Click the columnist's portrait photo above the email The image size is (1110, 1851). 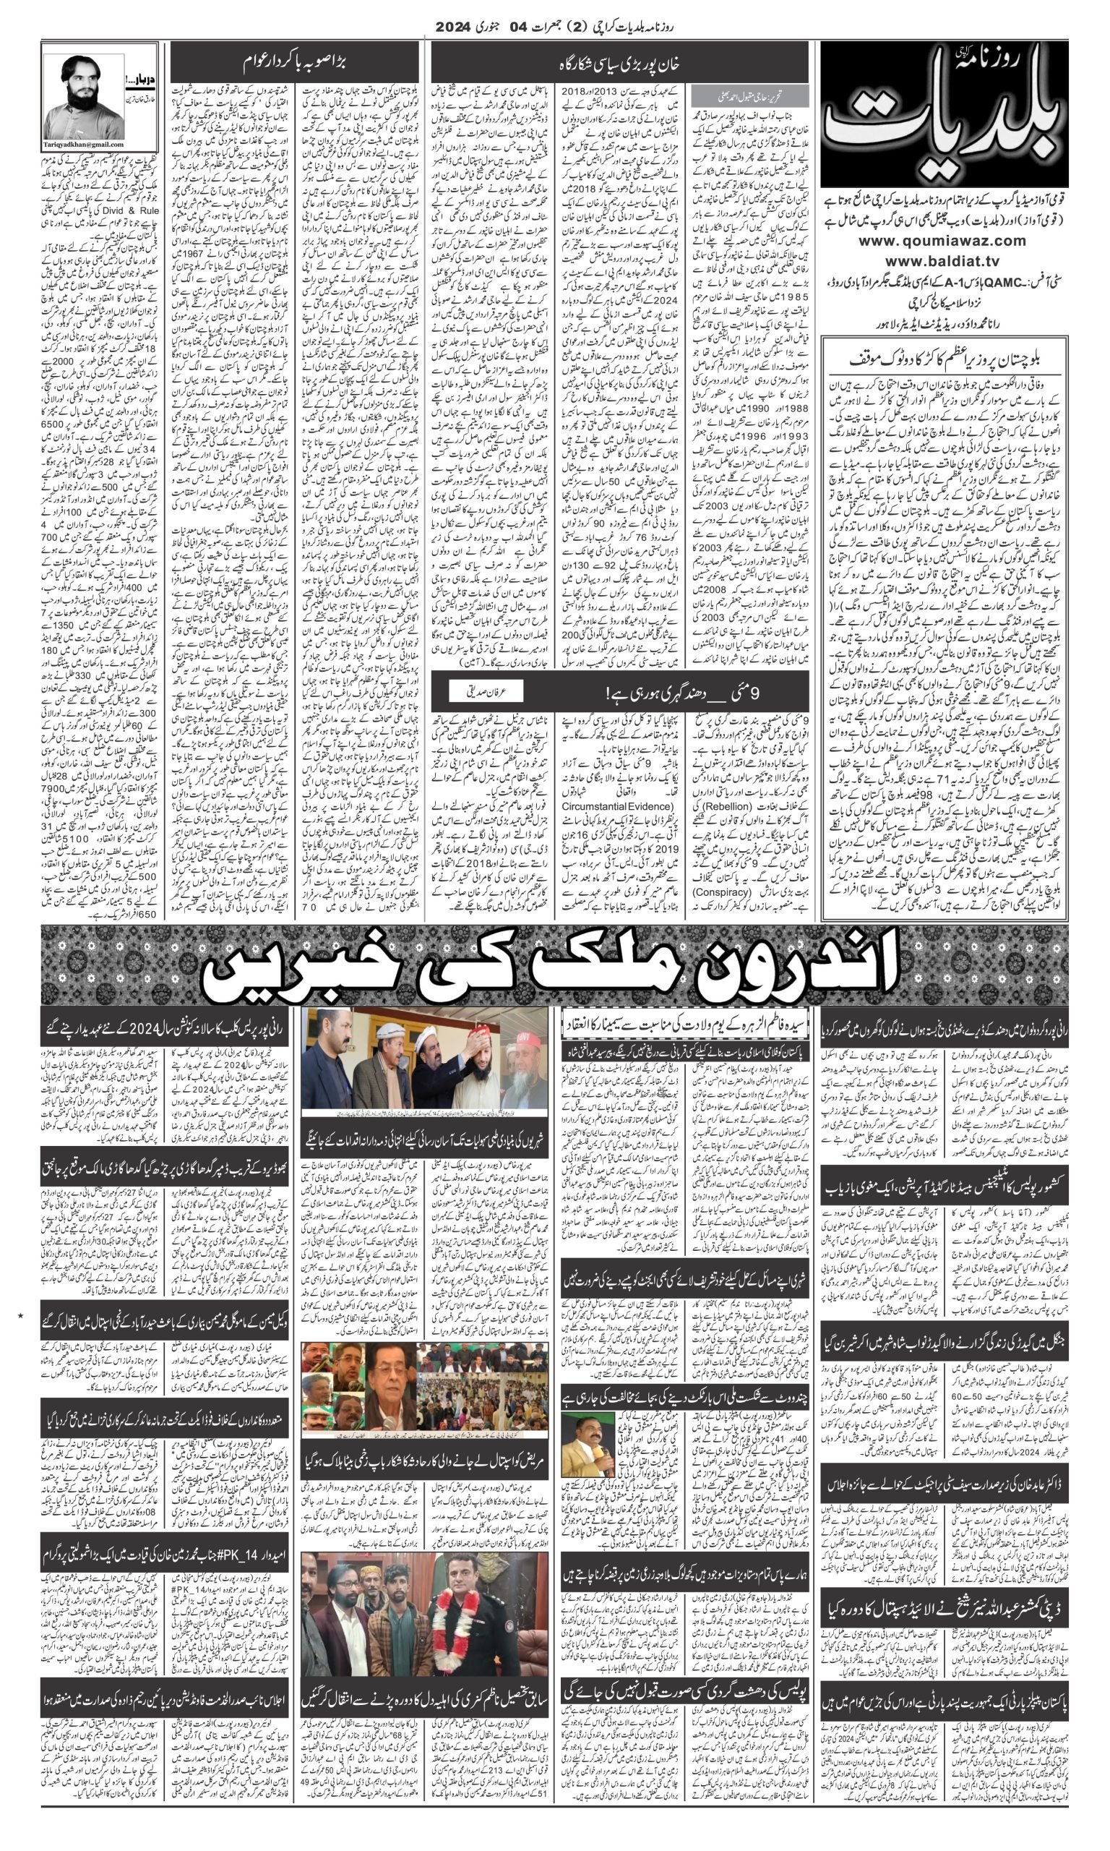pyautogui.click(x=85, y=95)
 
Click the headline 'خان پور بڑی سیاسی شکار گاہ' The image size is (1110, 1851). pyautogui.click(x=619, y=63)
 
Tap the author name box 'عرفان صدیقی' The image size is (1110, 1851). pyautogui.click(x=486, y=692)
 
